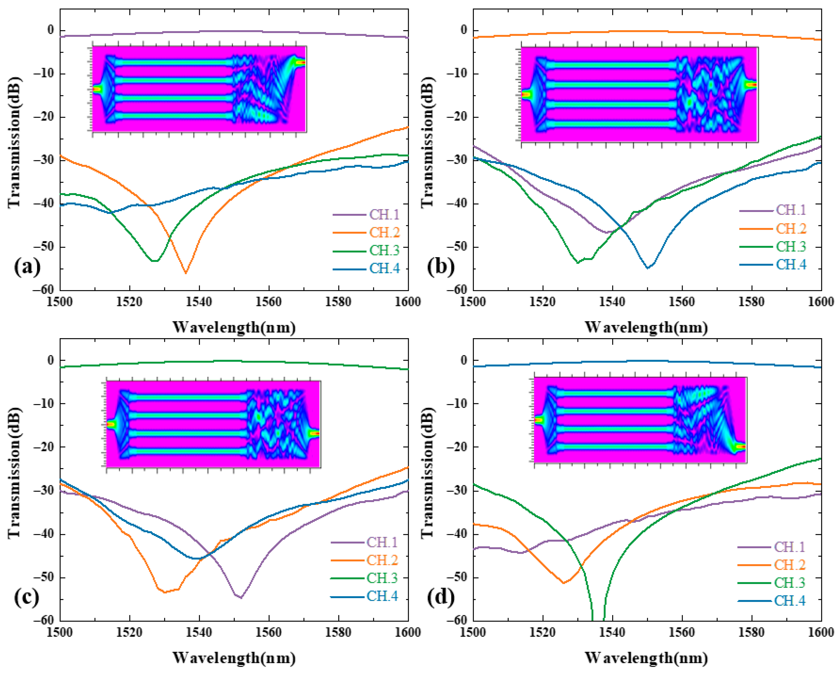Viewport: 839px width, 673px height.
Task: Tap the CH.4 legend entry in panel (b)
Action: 791,265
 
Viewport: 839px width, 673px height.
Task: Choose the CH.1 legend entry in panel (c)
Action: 382,542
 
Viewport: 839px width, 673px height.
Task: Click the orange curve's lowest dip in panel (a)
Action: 185,272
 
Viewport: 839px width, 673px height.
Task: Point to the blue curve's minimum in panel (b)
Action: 647,268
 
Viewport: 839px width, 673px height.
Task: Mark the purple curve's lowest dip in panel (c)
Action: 241,598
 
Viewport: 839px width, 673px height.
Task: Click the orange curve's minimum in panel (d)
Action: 564,583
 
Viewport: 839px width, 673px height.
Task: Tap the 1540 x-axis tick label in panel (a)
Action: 199,302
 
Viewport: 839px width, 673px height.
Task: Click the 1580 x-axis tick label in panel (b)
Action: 751,302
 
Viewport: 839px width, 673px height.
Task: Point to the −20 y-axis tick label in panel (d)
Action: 457,447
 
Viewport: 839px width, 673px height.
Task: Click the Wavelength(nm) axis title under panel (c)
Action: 234,658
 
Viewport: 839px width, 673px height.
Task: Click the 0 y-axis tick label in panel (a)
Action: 50,30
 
